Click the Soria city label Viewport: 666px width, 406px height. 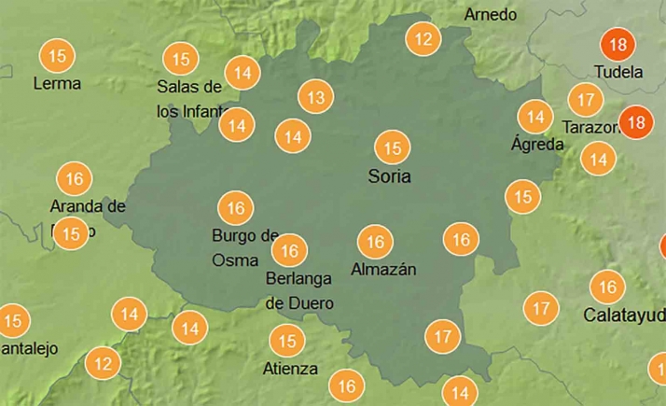pyautogui.click(x=390, y=176)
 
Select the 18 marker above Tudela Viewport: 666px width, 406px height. pyautogui.click(x=617, y=45)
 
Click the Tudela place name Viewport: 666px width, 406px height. pyautogui.click(x=618, y=72)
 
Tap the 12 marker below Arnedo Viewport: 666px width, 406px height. pyautogui.click(x=424, y=39)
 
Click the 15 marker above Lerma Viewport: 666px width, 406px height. pyautogui.click(x=58, y=56)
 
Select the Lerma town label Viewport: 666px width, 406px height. pyautogui.click(x=57, y=83)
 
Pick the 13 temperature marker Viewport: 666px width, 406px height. pyautogui.click(x=316, y=96)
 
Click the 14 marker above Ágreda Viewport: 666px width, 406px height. pyautogui.click(x=535, y=117)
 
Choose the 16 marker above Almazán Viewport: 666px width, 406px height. pyautogui.click(x=375, y=243)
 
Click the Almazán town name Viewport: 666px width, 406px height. pyautogui.click(x=383, y=270)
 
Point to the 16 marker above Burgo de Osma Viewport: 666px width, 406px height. pyautogui.click(x=236, y=207)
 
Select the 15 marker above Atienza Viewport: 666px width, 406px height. pyautogui.click(x=287, y=341)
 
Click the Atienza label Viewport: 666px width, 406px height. pyautogui.click(x=290, y=368)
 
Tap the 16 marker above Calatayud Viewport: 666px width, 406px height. pyautogui.click(x=607, y=287)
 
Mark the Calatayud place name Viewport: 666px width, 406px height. pyautogui.click(x=624, y=315)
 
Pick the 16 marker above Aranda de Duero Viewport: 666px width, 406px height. pyautogui.click(x=75, y=177)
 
